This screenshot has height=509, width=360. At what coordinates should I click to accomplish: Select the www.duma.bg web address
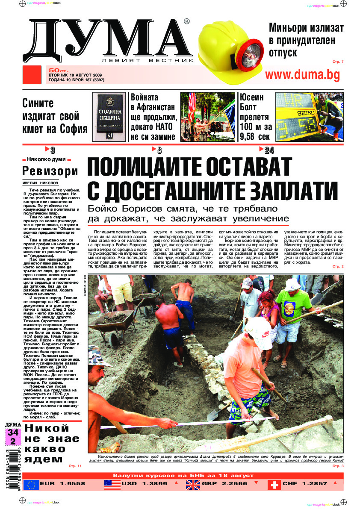click(x=303, y=75)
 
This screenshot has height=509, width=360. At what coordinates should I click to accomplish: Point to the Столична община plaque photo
click(x=109, y=117)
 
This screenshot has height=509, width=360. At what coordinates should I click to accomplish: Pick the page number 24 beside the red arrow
click(x=269, y=150)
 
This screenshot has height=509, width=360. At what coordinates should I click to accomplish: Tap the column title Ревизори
click(x=50, y=171)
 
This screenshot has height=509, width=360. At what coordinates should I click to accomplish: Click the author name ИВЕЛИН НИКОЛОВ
click(x=41, y=182)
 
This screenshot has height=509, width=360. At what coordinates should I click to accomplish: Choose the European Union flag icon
click(x=31, y=484)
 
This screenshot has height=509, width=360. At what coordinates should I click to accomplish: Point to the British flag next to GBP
click(x=193, y=484)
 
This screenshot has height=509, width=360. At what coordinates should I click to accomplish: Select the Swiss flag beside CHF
click(x=274, y=484)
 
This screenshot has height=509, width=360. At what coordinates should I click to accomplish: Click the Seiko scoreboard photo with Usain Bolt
click(x=309, y=117)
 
